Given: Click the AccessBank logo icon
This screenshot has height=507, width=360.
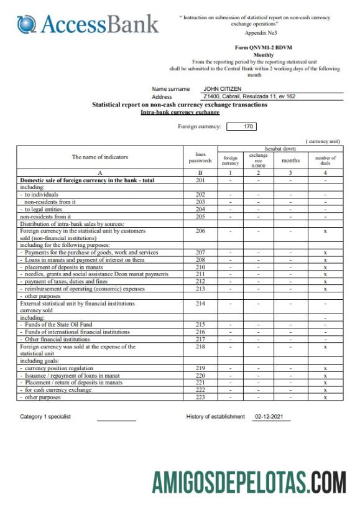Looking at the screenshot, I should (27, 24).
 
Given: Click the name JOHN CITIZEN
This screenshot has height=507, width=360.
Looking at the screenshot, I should (222, 89).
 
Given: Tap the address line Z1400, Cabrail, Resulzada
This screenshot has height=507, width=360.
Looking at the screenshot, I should (247, 96).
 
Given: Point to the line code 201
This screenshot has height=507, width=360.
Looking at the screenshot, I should (200, 180).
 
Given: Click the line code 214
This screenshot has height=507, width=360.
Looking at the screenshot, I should (200, 303).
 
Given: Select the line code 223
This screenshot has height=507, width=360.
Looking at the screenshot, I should (200, 396).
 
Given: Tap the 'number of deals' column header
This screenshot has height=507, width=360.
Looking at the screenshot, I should (325, 160).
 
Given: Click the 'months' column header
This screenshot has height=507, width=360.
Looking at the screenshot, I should (290, 160).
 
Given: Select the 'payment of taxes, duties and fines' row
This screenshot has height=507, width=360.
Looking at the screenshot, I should (62, 281).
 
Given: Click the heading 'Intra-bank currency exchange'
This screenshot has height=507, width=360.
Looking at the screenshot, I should (180, 112).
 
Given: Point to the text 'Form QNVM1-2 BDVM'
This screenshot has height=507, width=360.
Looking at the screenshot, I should (264, 47).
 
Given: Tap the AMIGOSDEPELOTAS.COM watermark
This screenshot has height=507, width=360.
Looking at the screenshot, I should (249, 481).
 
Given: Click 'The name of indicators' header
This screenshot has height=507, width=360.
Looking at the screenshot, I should (99, 157).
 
